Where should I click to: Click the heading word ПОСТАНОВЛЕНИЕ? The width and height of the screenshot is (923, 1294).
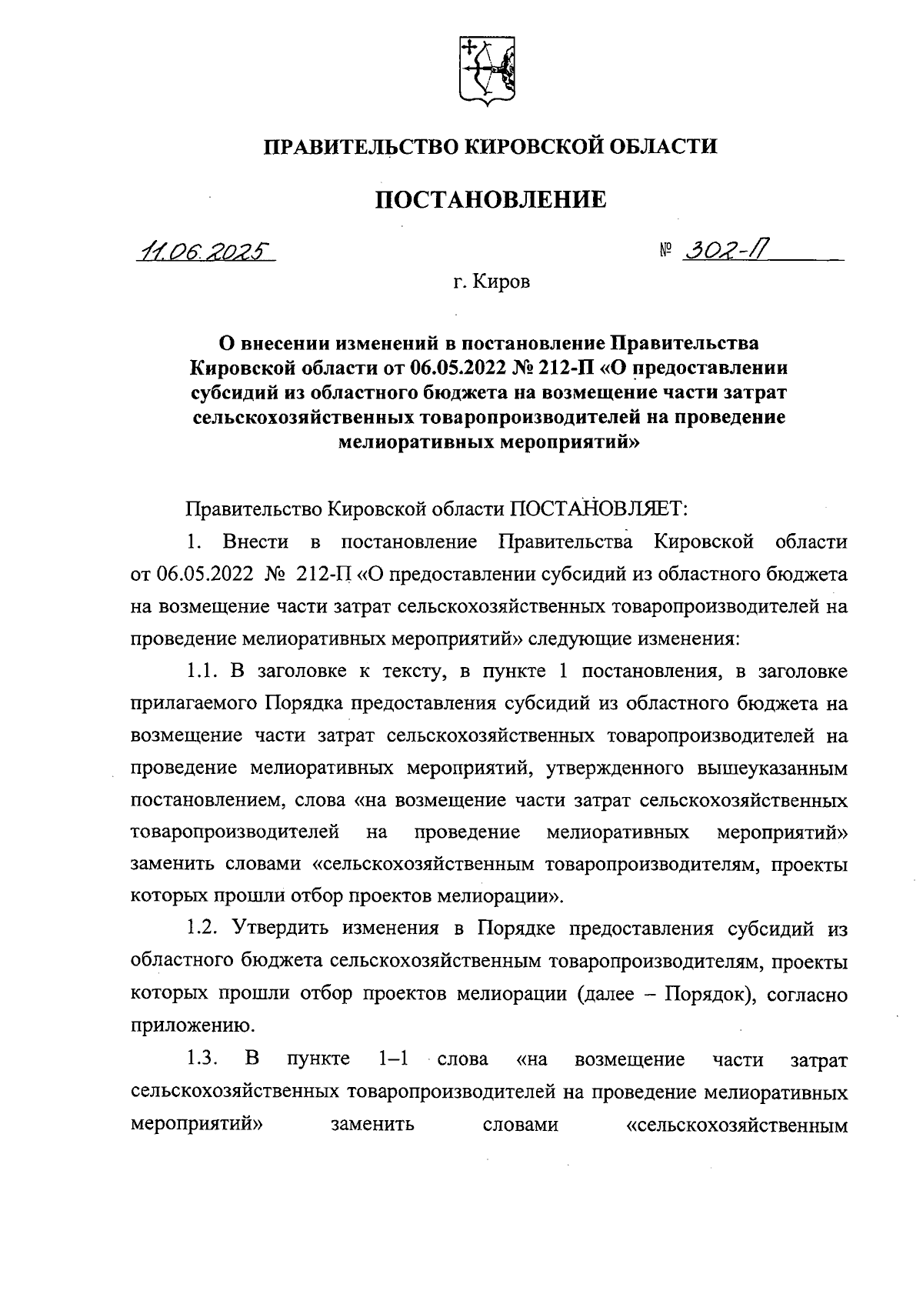pyautogui.click(x=490, y=200)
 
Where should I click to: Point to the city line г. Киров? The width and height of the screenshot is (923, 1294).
pyautogui.click(x=491, y=283)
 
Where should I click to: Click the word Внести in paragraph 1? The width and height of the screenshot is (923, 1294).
pyautogui.click(x=255, y=542)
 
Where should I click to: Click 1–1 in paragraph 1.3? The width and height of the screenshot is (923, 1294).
pyautogui.click(x=393, y=1059)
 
